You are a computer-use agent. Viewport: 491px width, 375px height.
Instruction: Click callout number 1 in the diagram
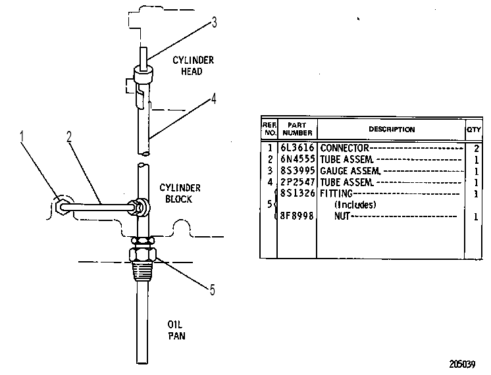pos(22,137)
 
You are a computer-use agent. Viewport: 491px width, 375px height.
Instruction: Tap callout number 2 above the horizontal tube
pos(69,137)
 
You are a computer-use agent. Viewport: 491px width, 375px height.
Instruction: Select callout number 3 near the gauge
pos(214,22)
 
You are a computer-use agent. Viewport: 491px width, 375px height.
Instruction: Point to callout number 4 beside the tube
pos(213,99)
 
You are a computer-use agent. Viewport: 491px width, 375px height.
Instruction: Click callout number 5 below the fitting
pos(213,290)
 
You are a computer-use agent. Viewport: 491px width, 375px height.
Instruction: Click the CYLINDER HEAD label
pos(193,66)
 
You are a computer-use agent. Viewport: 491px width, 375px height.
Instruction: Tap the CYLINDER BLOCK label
pos(180,193)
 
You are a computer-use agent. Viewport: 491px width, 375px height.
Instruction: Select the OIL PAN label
pos(176,330)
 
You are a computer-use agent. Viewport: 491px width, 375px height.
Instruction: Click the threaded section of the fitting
pos(143,271)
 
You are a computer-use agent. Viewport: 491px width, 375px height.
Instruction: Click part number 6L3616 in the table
pos(297,147)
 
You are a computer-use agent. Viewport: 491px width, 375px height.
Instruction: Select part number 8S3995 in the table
pos(297,170)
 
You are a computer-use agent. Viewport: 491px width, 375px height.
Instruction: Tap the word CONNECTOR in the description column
pos(344,148)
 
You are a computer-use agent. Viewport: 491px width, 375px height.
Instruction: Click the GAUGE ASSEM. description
pos(350,171)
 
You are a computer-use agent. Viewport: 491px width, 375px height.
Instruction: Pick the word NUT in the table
pos(342,216)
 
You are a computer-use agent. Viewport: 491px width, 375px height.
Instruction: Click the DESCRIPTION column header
pos(392,130)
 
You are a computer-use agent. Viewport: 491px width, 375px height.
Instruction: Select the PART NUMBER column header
pos(297,129)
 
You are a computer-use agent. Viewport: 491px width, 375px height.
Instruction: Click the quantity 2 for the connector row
pos(477,149)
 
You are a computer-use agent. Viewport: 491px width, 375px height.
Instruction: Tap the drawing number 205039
pos(462,364)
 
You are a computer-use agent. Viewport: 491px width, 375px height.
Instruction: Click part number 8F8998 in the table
pos(297,216)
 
